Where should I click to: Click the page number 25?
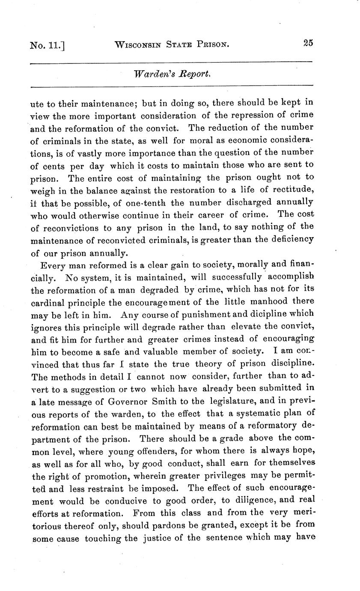(x=308, y=43)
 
